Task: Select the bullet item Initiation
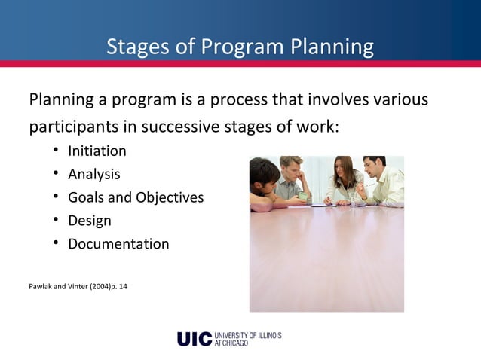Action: coord(97,151)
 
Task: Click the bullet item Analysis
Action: coord(94,174)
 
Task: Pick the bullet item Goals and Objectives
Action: coord(136,197)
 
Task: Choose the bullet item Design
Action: coord(90,221)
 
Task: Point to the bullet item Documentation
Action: coord(118,244)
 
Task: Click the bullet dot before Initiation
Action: coord(56,151)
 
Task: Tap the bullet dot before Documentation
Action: coord(56,243)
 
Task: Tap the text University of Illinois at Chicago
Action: coord(247,338)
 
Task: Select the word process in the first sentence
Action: coord(245,100)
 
